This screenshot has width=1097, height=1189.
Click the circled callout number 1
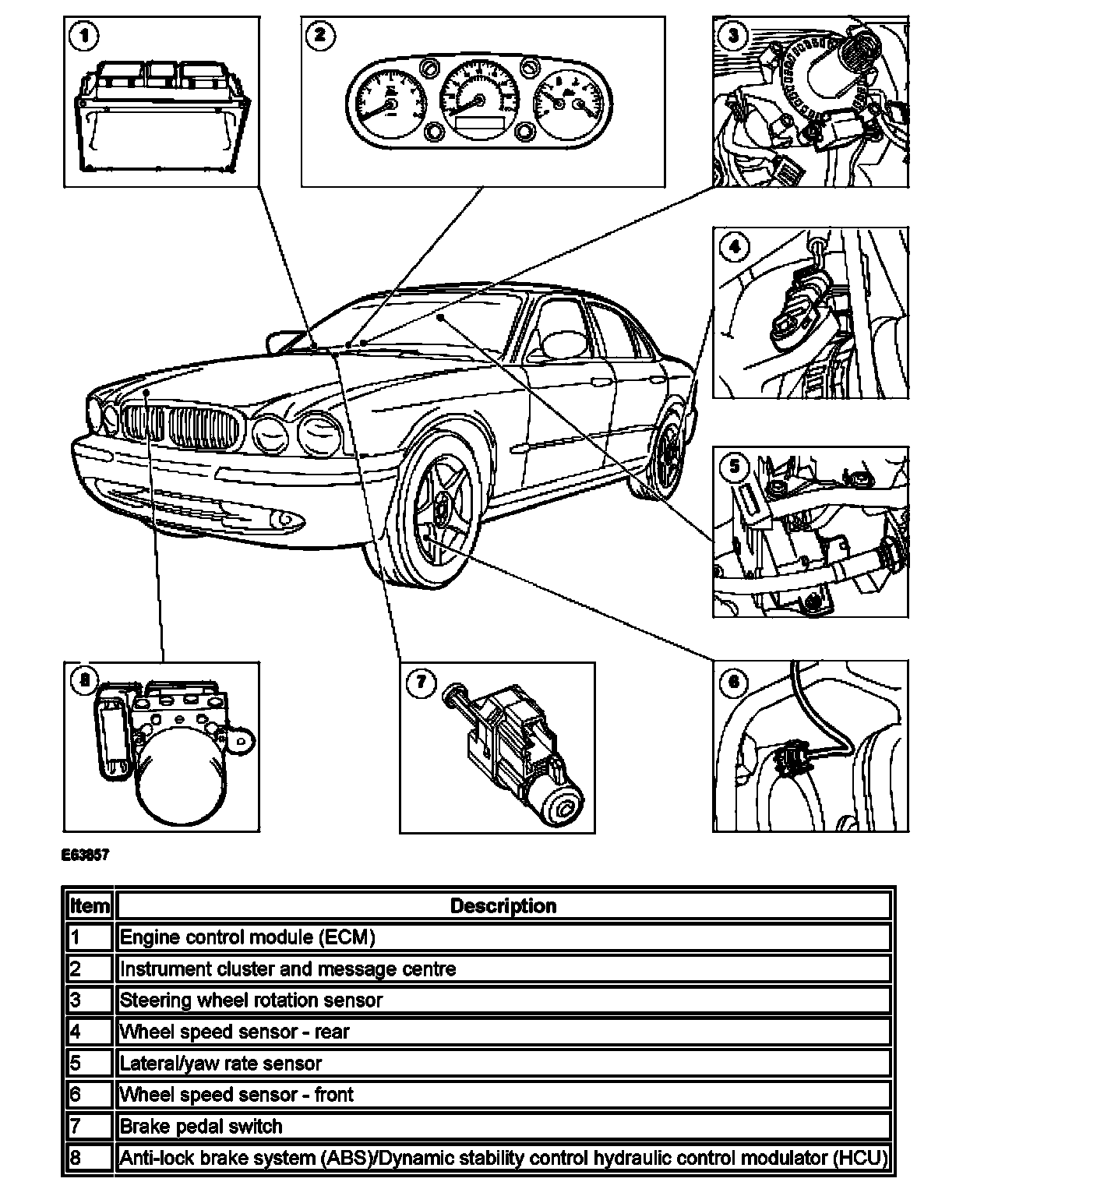click(x=83, y=36)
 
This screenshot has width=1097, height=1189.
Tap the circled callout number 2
click(x=320, y=36)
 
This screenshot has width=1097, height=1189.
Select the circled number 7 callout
click(x=421, y=683)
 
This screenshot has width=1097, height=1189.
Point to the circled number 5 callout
click(x=733, y=467)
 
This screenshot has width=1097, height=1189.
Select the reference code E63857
click(x=85, y=855)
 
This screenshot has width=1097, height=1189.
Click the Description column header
click(x=503, y=905)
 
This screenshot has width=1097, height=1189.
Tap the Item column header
click(x=90, y=905)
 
